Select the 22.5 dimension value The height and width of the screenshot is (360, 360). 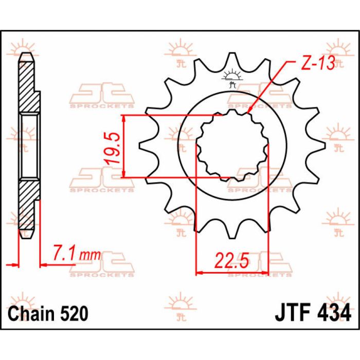[x=231, y=261]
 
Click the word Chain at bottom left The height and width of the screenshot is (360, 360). [x=31, y=313]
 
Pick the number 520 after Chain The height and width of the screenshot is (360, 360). [x=73, y=313]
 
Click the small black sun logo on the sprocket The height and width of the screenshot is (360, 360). [x=232, y=76]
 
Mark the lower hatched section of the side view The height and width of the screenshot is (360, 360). [x=29, y=206]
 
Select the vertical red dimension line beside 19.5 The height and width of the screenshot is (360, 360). [x=123, y=147]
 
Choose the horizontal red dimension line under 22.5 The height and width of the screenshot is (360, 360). [x=231, y=272]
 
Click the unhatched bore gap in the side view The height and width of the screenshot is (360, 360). [x=29, y=147]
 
